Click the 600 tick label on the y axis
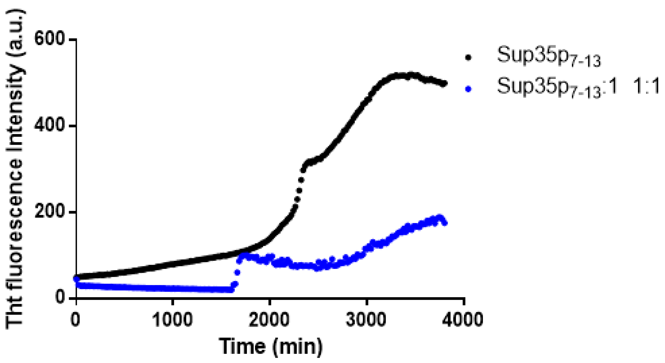49,39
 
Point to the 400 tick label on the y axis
49,126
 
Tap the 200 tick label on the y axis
49,212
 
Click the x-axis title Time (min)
271,346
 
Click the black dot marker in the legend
468,58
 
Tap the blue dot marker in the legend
468,89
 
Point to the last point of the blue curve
445,223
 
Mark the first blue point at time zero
77,279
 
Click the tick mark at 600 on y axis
73,39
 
